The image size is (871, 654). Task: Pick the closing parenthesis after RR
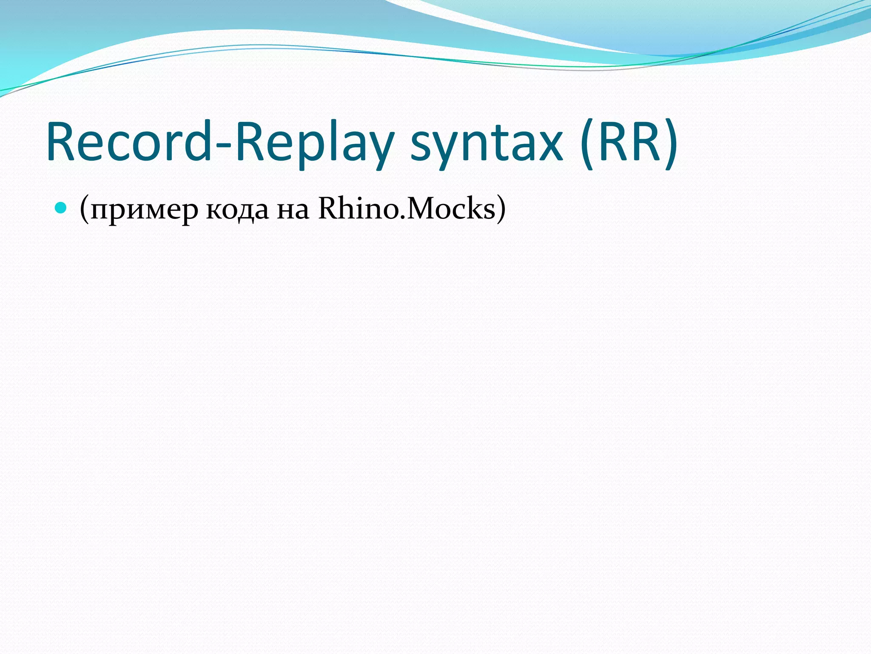[x=669, y=143]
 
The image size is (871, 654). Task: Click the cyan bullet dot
[x=61, y=208]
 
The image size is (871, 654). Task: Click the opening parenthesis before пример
[x=84, y=209]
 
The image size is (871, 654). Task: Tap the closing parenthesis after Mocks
[x=501, y=209]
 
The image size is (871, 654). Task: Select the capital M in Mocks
[x=421, y=209]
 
